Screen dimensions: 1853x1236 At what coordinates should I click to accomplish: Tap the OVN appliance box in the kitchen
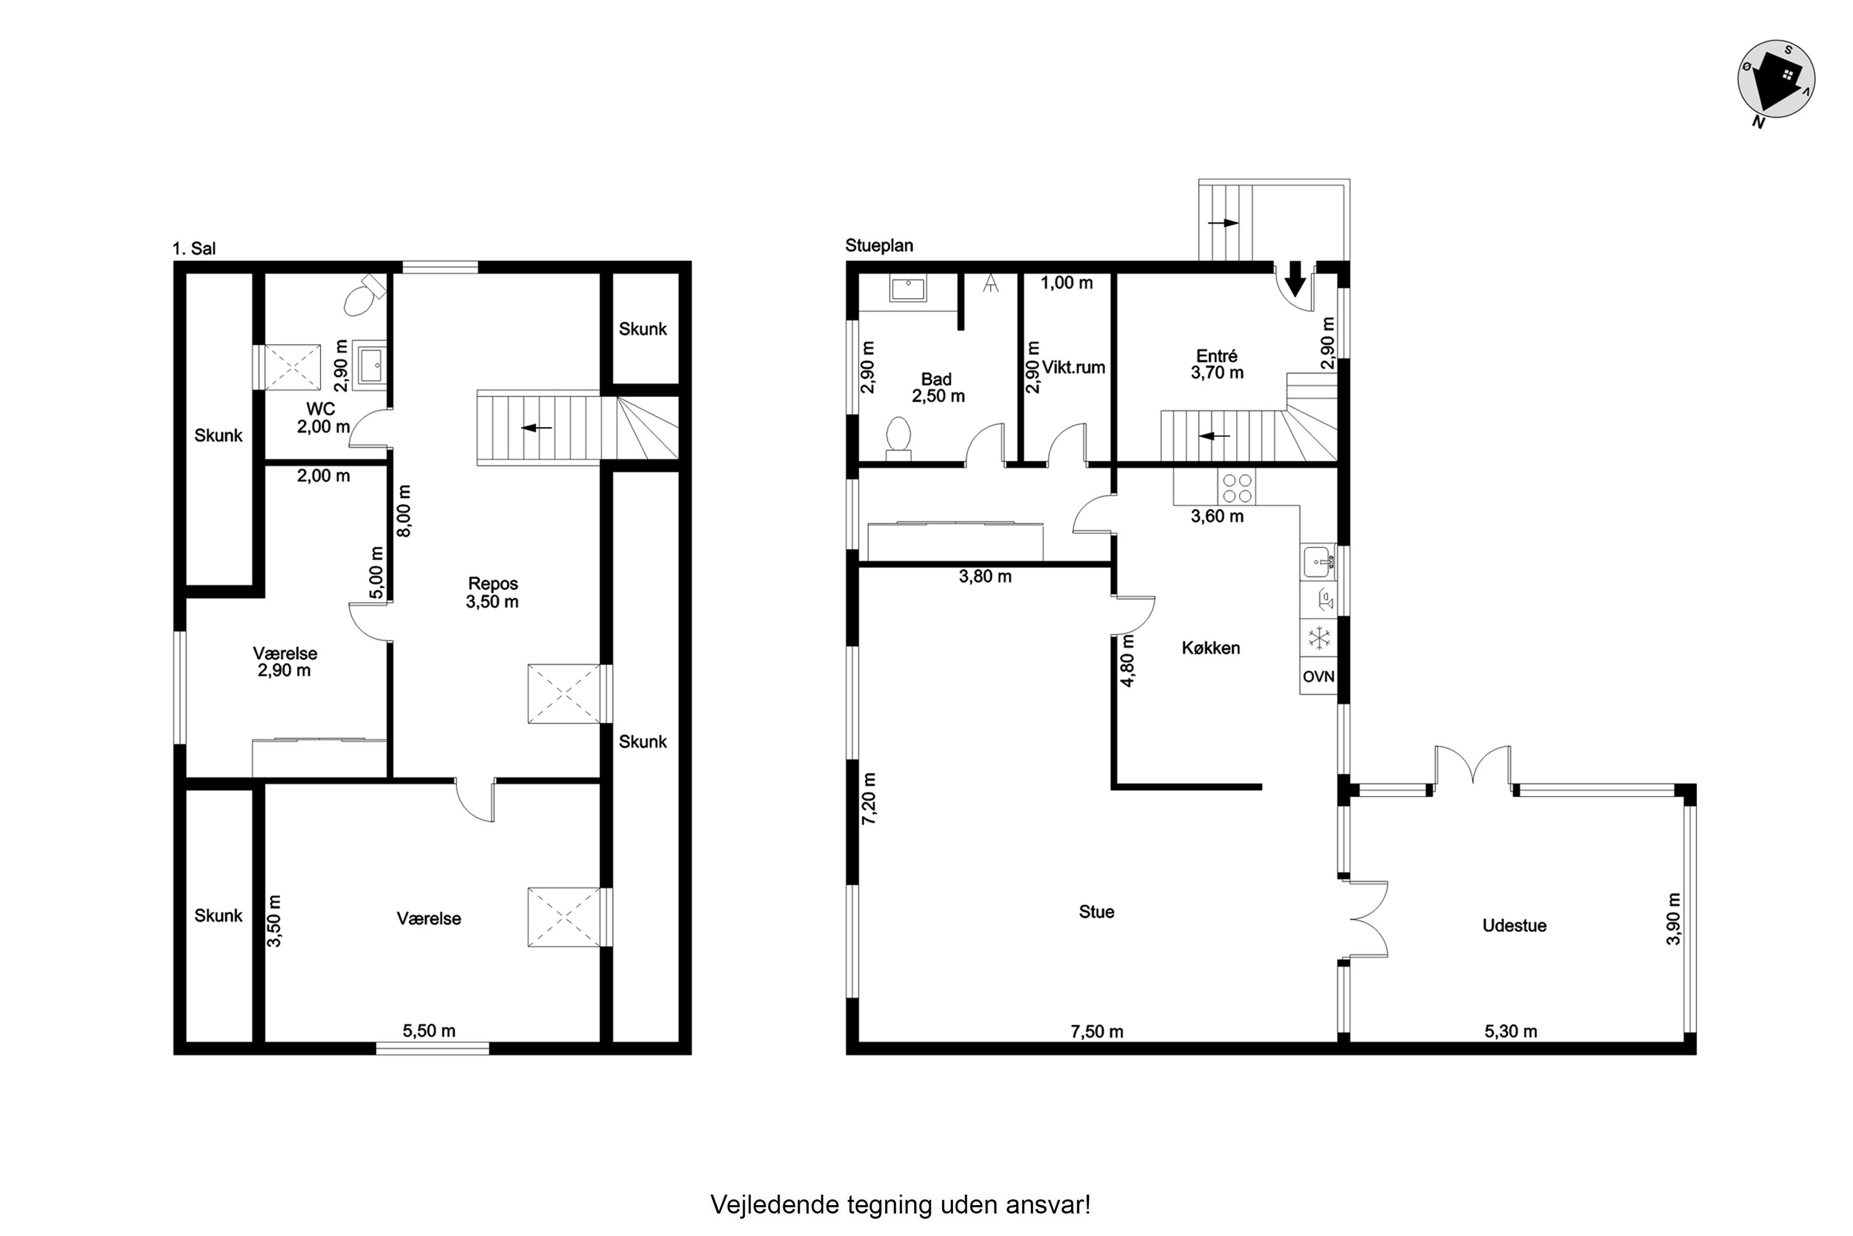coord(1318,676)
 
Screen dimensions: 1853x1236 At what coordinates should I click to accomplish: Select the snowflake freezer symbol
coord(1318,638)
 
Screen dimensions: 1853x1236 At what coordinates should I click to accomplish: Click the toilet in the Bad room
coord(898,438)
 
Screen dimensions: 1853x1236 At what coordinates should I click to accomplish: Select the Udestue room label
coord(1515,925)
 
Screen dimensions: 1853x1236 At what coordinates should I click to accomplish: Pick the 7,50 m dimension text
coord(1097,1031)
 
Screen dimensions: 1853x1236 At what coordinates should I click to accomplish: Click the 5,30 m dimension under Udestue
coord(1510,1031)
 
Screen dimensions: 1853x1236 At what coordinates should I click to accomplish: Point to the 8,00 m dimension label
coord(403,511)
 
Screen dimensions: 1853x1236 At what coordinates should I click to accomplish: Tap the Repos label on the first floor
coord(493,583)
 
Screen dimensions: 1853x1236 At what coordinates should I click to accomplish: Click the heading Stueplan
coord(879,245)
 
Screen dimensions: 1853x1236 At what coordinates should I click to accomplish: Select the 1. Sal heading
coord(194,248)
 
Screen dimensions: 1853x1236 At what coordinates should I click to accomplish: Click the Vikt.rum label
coord(1074,367)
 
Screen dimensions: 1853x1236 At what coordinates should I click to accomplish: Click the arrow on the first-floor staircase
coord(537,428)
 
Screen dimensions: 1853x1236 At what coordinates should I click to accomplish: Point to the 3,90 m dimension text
coord(1673,919)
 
